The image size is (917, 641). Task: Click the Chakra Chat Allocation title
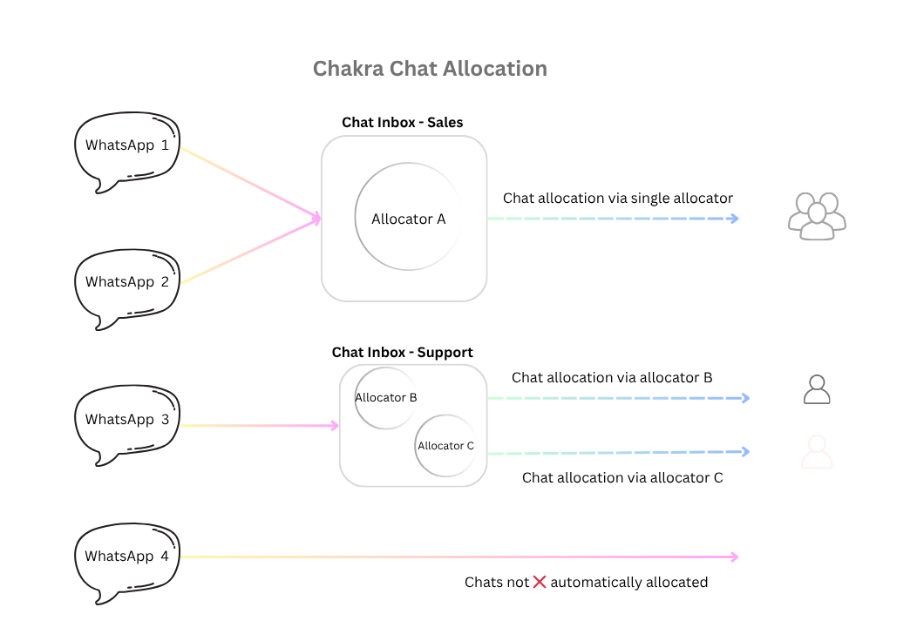[430, 69]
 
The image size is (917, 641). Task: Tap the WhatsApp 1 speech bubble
[126, 148]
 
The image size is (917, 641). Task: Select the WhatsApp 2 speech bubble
[126, 285]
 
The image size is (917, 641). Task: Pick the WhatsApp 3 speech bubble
[126, 422]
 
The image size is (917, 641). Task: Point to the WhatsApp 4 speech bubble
[126, 558]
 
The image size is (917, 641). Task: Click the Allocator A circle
[408, 219]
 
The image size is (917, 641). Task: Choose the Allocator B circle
[385, 398]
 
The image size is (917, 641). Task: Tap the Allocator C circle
[445, 446]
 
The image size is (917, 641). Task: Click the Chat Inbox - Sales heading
[402, 123]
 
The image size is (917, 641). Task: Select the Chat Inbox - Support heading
[402, 353]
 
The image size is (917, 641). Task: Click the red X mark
[540, 582]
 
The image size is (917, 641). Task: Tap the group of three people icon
[817, 215]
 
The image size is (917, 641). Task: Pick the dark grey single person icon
[817, 389]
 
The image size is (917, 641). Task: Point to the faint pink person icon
[817, 453]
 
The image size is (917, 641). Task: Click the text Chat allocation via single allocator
[617, 199]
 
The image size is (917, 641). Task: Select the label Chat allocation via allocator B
[612, 378]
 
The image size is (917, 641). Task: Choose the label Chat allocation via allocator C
[622, 478]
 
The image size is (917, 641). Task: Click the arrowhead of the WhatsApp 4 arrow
[734, 557]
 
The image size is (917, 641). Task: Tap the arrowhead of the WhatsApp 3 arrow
[335, 426]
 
